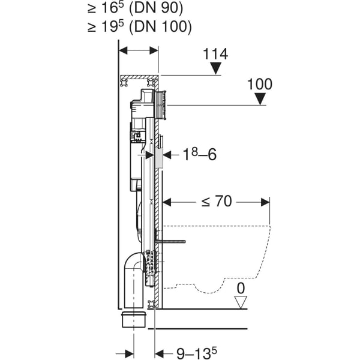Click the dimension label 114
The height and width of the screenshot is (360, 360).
[216, 54]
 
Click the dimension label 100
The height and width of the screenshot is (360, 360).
[259, 84]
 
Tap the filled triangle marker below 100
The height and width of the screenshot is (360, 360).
[259, 100]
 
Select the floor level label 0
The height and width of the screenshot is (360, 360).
[241, 288]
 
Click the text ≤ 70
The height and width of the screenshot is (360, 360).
[216, 202]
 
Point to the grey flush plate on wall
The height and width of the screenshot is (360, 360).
[160, 153]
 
